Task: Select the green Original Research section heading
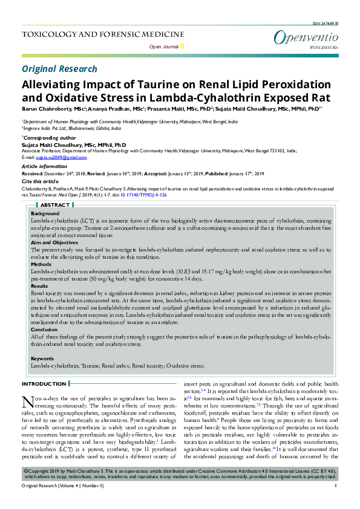[x=59, y=70]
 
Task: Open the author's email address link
[x=54, y=157]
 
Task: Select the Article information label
[x=44, y=166]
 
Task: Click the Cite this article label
[x=40, y=181]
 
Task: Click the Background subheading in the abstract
[x=45, y=215]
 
